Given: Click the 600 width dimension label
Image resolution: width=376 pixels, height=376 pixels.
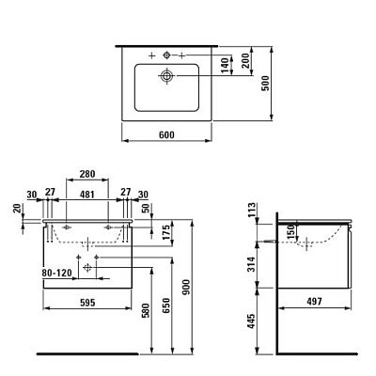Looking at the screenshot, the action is point(166,134).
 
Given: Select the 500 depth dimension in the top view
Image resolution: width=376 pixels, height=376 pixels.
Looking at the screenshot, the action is point(265,83).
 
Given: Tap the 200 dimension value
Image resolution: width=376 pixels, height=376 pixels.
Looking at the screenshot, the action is point(245,60).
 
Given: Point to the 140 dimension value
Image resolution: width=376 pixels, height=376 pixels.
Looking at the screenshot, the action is point(225,65).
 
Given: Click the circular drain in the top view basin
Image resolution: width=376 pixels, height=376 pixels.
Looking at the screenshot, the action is point(166,75).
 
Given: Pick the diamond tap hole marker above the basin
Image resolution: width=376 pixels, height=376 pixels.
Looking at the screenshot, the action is point(166,55).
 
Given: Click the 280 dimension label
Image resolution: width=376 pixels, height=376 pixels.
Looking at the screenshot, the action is point(87,174).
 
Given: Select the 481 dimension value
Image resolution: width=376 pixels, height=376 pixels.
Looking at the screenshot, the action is point(87,195).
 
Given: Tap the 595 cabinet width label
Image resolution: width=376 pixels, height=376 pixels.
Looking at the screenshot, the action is point(87,303).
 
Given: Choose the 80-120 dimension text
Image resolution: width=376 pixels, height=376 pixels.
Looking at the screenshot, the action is point(57,273).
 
